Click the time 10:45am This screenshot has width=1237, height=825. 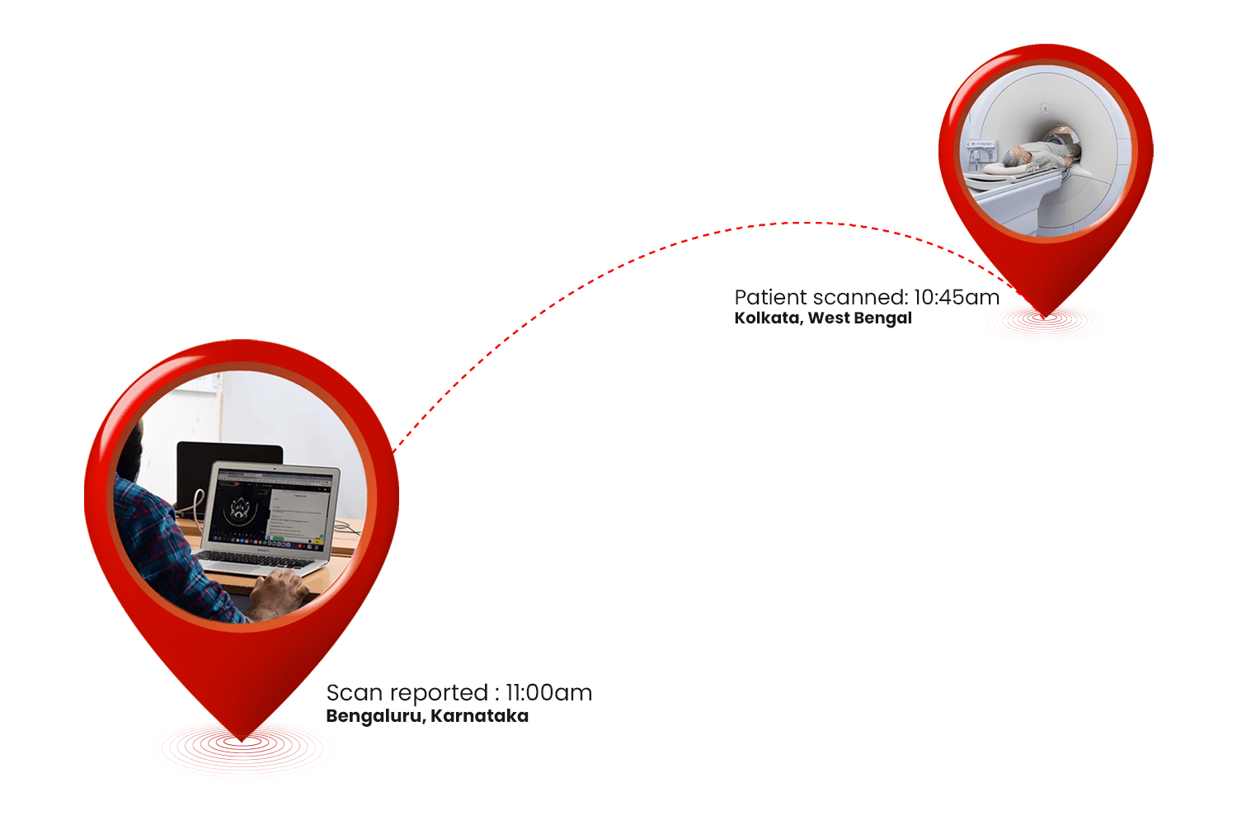click(x=957, y=297)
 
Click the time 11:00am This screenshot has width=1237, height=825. click(x=548, y=693)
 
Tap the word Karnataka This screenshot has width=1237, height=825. click(x=479, y=716)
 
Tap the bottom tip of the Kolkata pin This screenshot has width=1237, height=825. click(x=1044, y=318)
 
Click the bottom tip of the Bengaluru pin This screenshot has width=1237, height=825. click(x=242, y=740)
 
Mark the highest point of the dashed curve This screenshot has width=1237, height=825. click(x=807, y=223)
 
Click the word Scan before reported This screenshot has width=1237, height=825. click(x=355, y=693)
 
